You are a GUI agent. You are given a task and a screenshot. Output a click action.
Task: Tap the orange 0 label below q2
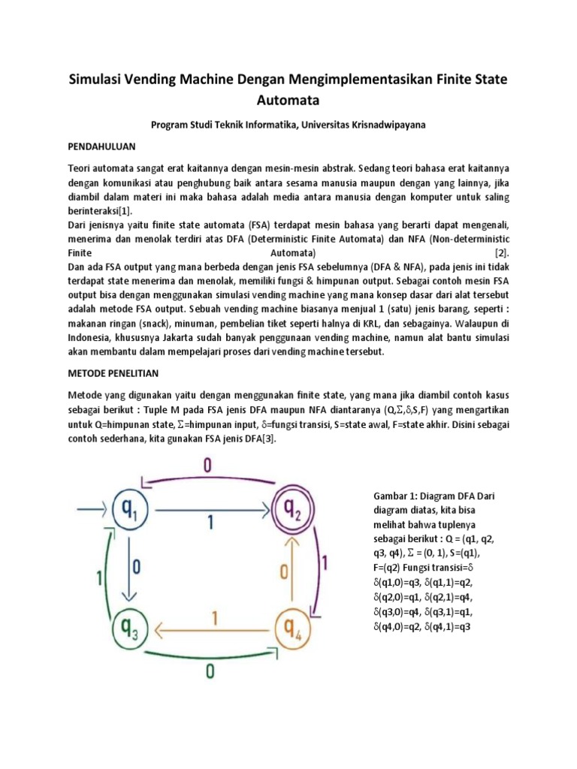tap(284, 572)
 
